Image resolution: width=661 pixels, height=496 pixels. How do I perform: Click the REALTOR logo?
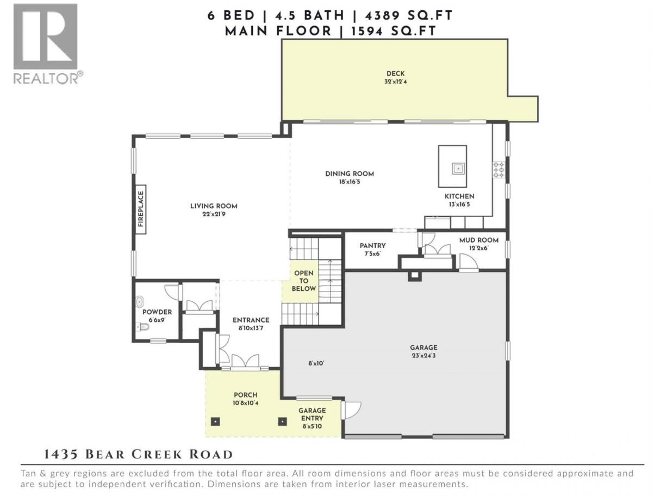pyautogui.click(x=48, y=44)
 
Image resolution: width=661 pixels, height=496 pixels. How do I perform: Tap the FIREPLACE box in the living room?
pyautogui.click(x=141, y=209)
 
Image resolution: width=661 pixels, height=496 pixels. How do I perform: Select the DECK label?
pyautogui.click(x=395, y=73)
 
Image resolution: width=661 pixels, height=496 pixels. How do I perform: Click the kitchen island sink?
pyautogui.click(x=458, y=169)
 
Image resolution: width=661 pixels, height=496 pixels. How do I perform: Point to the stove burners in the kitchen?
pyautogui.click(x=498, y=170)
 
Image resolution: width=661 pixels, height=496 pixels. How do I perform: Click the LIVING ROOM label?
pyautogui.click(x=214, y=206)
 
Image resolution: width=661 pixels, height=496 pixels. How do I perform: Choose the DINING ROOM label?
pyautogui.click(x=350, y=174)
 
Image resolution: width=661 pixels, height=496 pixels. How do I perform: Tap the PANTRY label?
pyautogui.click(x=372, y=246)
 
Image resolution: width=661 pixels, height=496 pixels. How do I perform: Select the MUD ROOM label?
pyautogui.click(x=478, y=240)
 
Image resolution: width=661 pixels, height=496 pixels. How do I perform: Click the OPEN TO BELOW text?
pyautogui.click(x=303, y=281)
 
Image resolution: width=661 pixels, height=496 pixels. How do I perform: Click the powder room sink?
pyautogui.click(x=140, y=301)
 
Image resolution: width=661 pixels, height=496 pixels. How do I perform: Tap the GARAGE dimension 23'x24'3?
pyautogui.click(x=423, y=355)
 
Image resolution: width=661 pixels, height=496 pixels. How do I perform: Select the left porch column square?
pyautogui.click(x=215, y=421)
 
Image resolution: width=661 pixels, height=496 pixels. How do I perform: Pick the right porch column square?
pyautogui.click(x=282, y=421)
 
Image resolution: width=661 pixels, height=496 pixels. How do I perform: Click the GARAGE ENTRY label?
pyautogui.click(x=312, y=414)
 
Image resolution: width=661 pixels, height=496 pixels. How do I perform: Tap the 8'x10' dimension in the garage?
pyautogui.click(x=316, y=363)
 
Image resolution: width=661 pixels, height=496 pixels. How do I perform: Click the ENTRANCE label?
pyautogui.click(x=251, y=320)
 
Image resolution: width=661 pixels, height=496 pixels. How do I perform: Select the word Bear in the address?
pyautogui.click(x=105, y=455)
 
